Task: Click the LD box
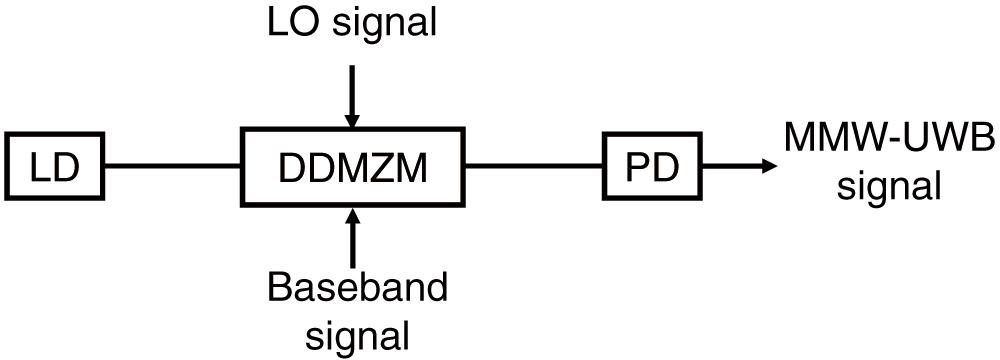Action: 55,164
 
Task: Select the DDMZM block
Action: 353,164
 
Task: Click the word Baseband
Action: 357,288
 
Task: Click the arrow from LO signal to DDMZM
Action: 351,95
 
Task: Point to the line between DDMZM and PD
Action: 534,164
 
